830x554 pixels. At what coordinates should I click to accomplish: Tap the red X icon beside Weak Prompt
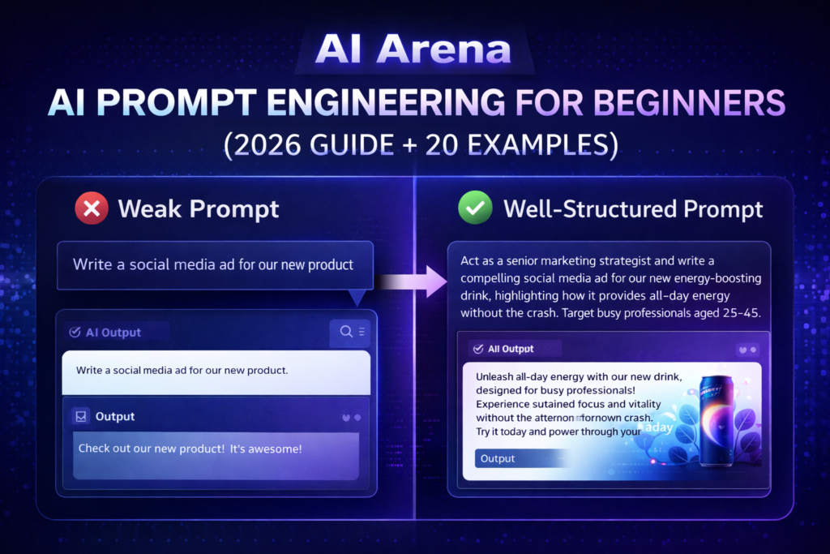point(92,209)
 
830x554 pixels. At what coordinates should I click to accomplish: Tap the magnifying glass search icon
point(346,331)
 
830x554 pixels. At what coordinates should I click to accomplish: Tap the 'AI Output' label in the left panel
point(113,332)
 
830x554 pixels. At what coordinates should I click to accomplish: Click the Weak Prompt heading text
point(199,209)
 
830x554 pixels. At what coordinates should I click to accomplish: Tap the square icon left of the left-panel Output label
point(80,416)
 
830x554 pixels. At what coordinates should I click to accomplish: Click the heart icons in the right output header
point(747,350)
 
